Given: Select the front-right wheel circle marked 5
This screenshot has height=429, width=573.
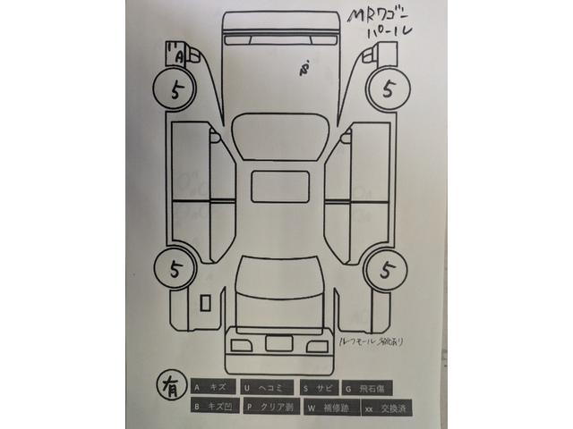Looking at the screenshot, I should click(x=387, y=89).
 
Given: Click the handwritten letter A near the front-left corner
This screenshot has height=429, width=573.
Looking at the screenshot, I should click(x=177, y=55).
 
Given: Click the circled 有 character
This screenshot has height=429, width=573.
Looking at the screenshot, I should click(x=167, y=386).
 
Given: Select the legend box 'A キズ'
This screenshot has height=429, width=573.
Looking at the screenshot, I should click(x=213, y=388).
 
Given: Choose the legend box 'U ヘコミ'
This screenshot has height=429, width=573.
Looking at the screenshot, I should click(x=269, y=388).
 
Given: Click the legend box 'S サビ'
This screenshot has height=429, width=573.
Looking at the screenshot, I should click(x=320, y=388).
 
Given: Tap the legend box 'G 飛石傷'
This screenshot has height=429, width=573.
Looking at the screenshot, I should click(x=370, y=388).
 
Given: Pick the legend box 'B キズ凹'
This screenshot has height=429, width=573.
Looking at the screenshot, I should click(x=213, y=408).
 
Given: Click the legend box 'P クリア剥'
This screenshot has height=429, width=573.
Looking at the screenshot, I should click(x=269, y=408).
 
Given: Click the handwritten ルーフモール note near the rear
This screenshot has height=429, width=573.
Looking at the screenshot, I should click(x=372, y=341).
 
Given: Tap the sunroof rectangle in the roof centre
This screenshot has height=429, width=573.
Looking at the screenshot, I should click(x=279, y=186).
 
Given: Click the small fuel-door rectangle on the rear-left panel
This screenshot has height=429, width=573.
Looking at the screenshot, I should click(x=206, y=303).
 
